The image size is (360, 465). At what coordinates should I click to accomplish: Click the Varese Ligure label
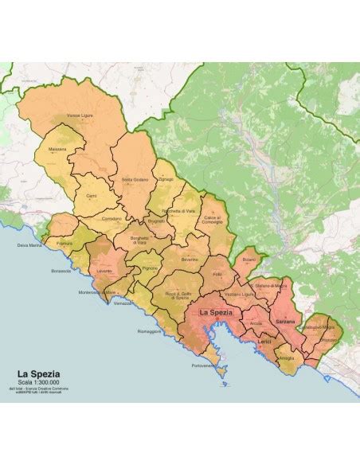[x=80, y=114]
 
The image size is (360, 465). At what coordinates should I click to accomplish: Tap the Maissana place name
[x=57, y=148]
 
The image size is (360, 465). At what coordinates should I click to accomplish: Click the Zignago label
[x=166, y=180]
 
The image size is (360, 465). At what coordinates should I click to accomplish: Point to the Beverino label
[x=189, y=260]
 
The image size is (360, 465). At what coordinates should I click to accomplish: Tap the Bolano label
[x=248, y=259]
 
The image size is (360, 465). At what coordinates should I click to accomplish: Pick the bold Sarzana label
[x=284, y=319]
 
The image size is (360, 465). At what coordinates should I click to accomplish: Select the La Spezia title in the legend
[x=40, y=372]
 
